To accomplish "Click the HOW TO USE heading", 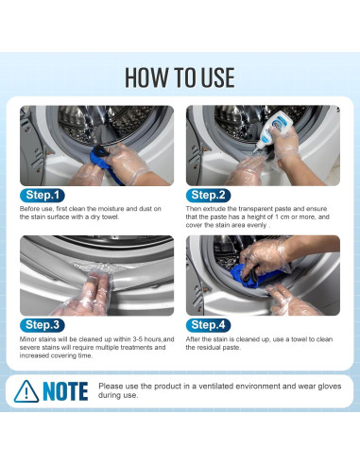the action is coord(180,77).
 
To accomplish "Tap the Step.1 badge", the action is coord(43,196).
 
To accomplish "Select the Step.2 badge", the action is coord(208,196).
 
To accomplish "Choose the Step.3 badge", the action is coord(43,325).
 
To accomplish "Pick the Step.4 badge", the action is coord(208,325).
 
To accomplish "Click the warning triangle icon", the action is coord(26,391).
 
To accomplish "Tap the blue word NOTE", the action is coord(65,391).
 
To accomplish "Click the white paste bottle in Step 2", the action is coord(270,129).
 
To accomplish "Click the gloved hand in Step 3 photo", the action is coord(87,295).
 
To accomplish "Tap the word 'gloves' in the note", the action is coord(331,387).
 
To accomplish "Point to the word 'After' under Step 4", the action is coord(193,339).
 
